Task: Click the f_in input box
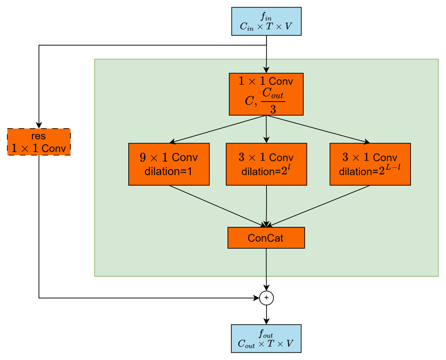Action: tap(266, 21)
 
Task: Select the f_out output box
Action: tap(266, 338)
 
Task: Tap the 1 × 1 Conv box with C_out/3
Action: tap(266, 94)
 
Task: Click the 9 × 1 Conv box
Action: tap(169, 164)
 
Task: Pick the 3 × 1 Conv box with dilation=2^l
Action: tap(266, 164)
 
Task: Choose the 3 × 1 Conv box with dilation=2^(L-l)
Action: tap(370, 164)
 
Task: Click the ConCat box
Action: tap(266, 238)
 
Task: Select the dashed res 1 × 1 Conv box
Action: tap(39, 142)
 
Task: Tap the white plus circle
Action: tap(267, 298)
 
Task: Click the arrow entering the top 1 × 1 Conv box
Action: tap(267, 65)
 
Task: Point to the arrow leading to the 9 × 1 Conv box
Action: tap(215, 130)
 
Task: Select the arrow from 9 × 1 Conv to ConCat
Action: tap(215, 205)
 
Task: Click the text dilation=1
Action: tap(168, 171)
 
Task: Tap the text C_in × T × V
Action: tap(266, 26)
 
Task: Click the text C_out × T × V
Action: tap(266, 344)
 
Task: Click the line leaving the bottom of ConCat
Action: tap(267, 262)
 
